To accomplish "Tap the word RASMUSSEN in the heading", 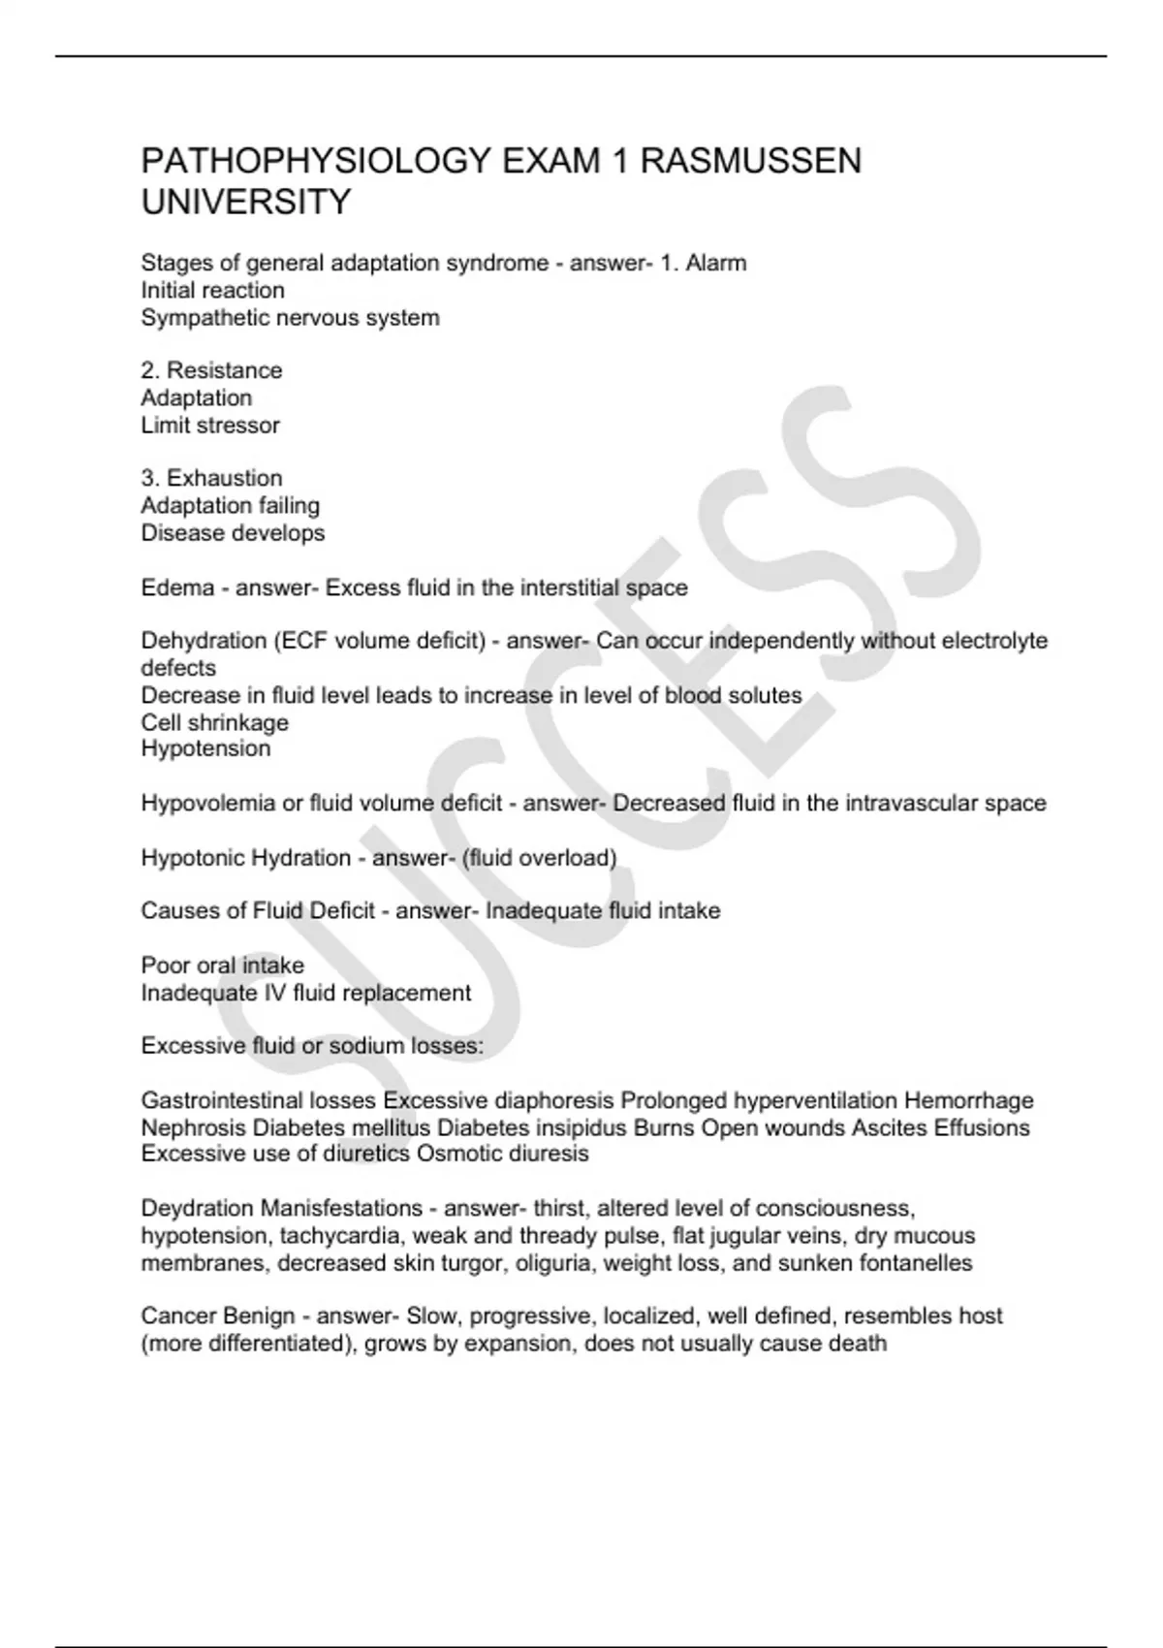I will (x=750, y=161).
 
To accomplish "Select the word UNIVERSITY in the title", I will (x=246, y=203).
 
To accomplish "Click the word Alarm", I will (x=715, y=263).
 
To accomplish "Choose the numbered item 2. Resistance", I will (x=211, y=370).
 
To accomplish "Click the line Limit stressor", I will (x=210, y=425).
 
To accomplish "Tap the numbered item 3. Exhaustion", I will (x=211, y=478).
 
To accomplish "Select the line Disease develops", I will (x=233, y=532).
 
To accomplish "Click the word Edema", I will (x=177, y=587).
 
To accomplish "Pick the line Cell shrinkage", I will (x=214, y=722).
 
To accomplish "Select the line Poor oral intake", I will (x=222, y=966).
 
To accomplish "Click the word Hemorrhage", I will (x=968, y=1100).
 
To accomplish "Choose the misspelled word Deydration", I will (x=197, y=1209).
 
